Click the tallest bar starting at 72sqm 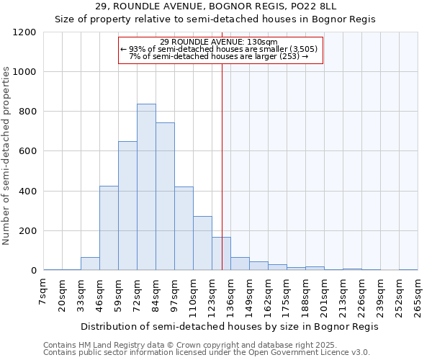146,187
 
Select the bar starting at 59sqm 127,206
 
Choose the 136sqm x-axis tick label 231,296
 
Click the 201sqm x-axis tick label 325,296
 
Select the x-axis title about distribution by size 229,326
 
